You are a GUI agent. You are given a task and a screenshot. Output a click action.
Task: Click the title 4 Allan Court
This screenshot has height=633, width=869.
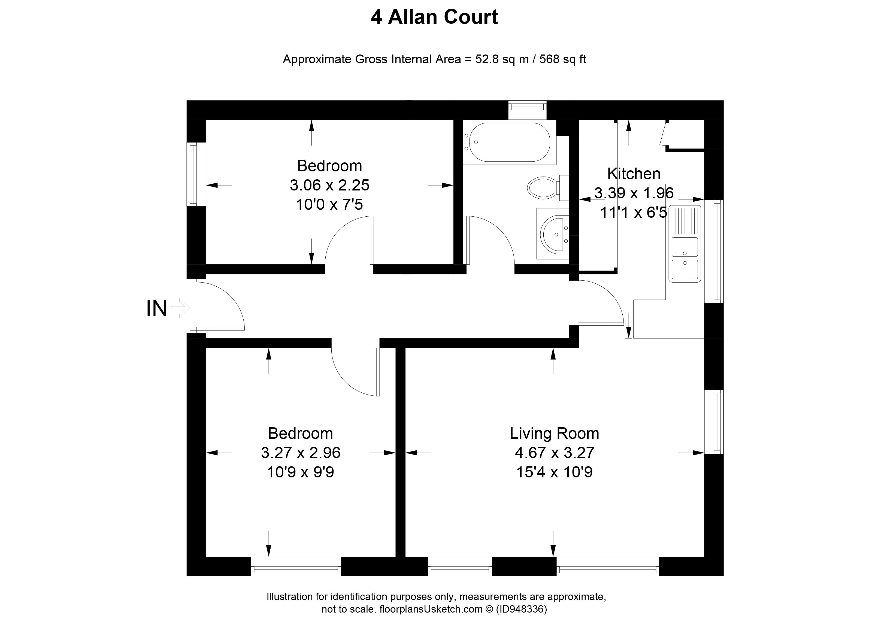pyautogui.click(x=434, y=17)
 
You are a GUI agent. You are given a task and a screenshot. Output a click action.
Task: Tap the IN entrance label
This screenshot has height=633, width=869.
pyautogui.click(x=156, y=308)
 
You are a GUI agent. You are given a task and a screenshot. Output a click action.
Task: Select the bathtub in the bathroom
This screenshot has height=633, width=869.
pyautogui.click(x=508, y=142)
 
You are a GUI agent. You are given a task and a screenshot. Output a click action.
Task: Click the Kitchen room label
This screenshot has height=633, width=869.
pyautogui.click(x=634, y=174)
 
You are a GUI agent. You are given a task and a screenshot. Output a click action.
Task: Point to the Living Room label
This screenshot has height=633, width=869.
pyautogui.click(x=554, y=433)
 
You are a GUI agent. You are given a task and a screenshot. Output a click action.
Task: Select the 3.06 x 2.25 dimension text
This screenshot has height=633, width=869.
pyautogui.click(x=329, y=186)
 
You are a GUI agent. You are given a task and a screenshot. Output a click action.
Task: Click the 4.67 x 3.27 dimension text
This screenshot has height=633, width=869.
pyautogui.click(x=554, y=453)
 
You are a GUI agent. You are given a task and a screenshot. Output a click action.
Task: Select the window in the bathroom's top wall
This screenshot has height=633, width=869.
pyautogui.click(x=527, y=110)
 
